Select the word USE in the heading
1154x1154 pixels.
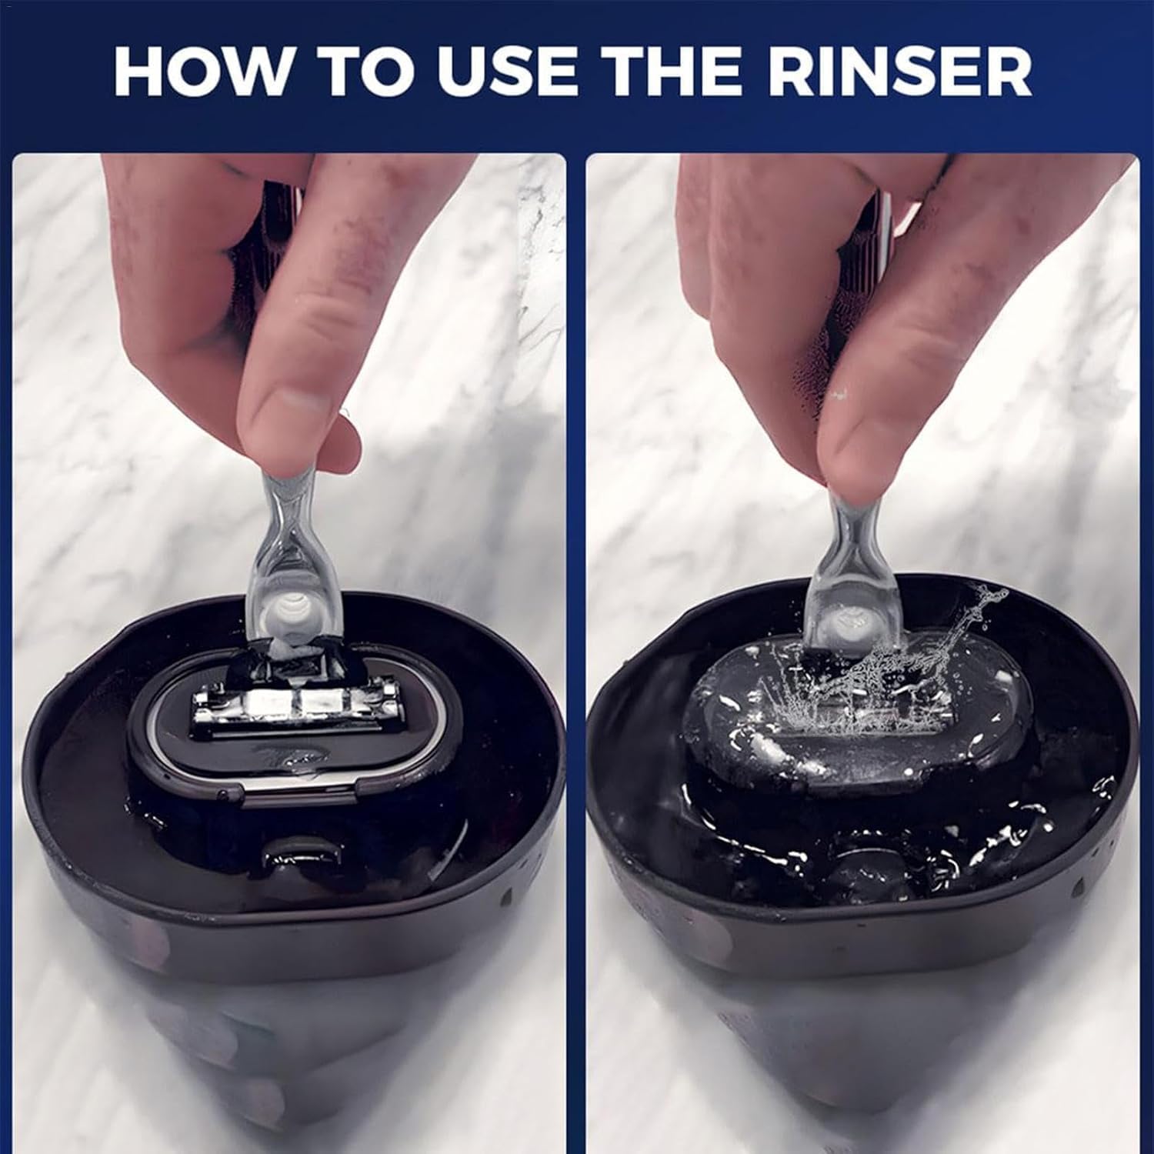509,72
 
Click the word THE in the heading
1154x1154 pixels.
671,72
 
